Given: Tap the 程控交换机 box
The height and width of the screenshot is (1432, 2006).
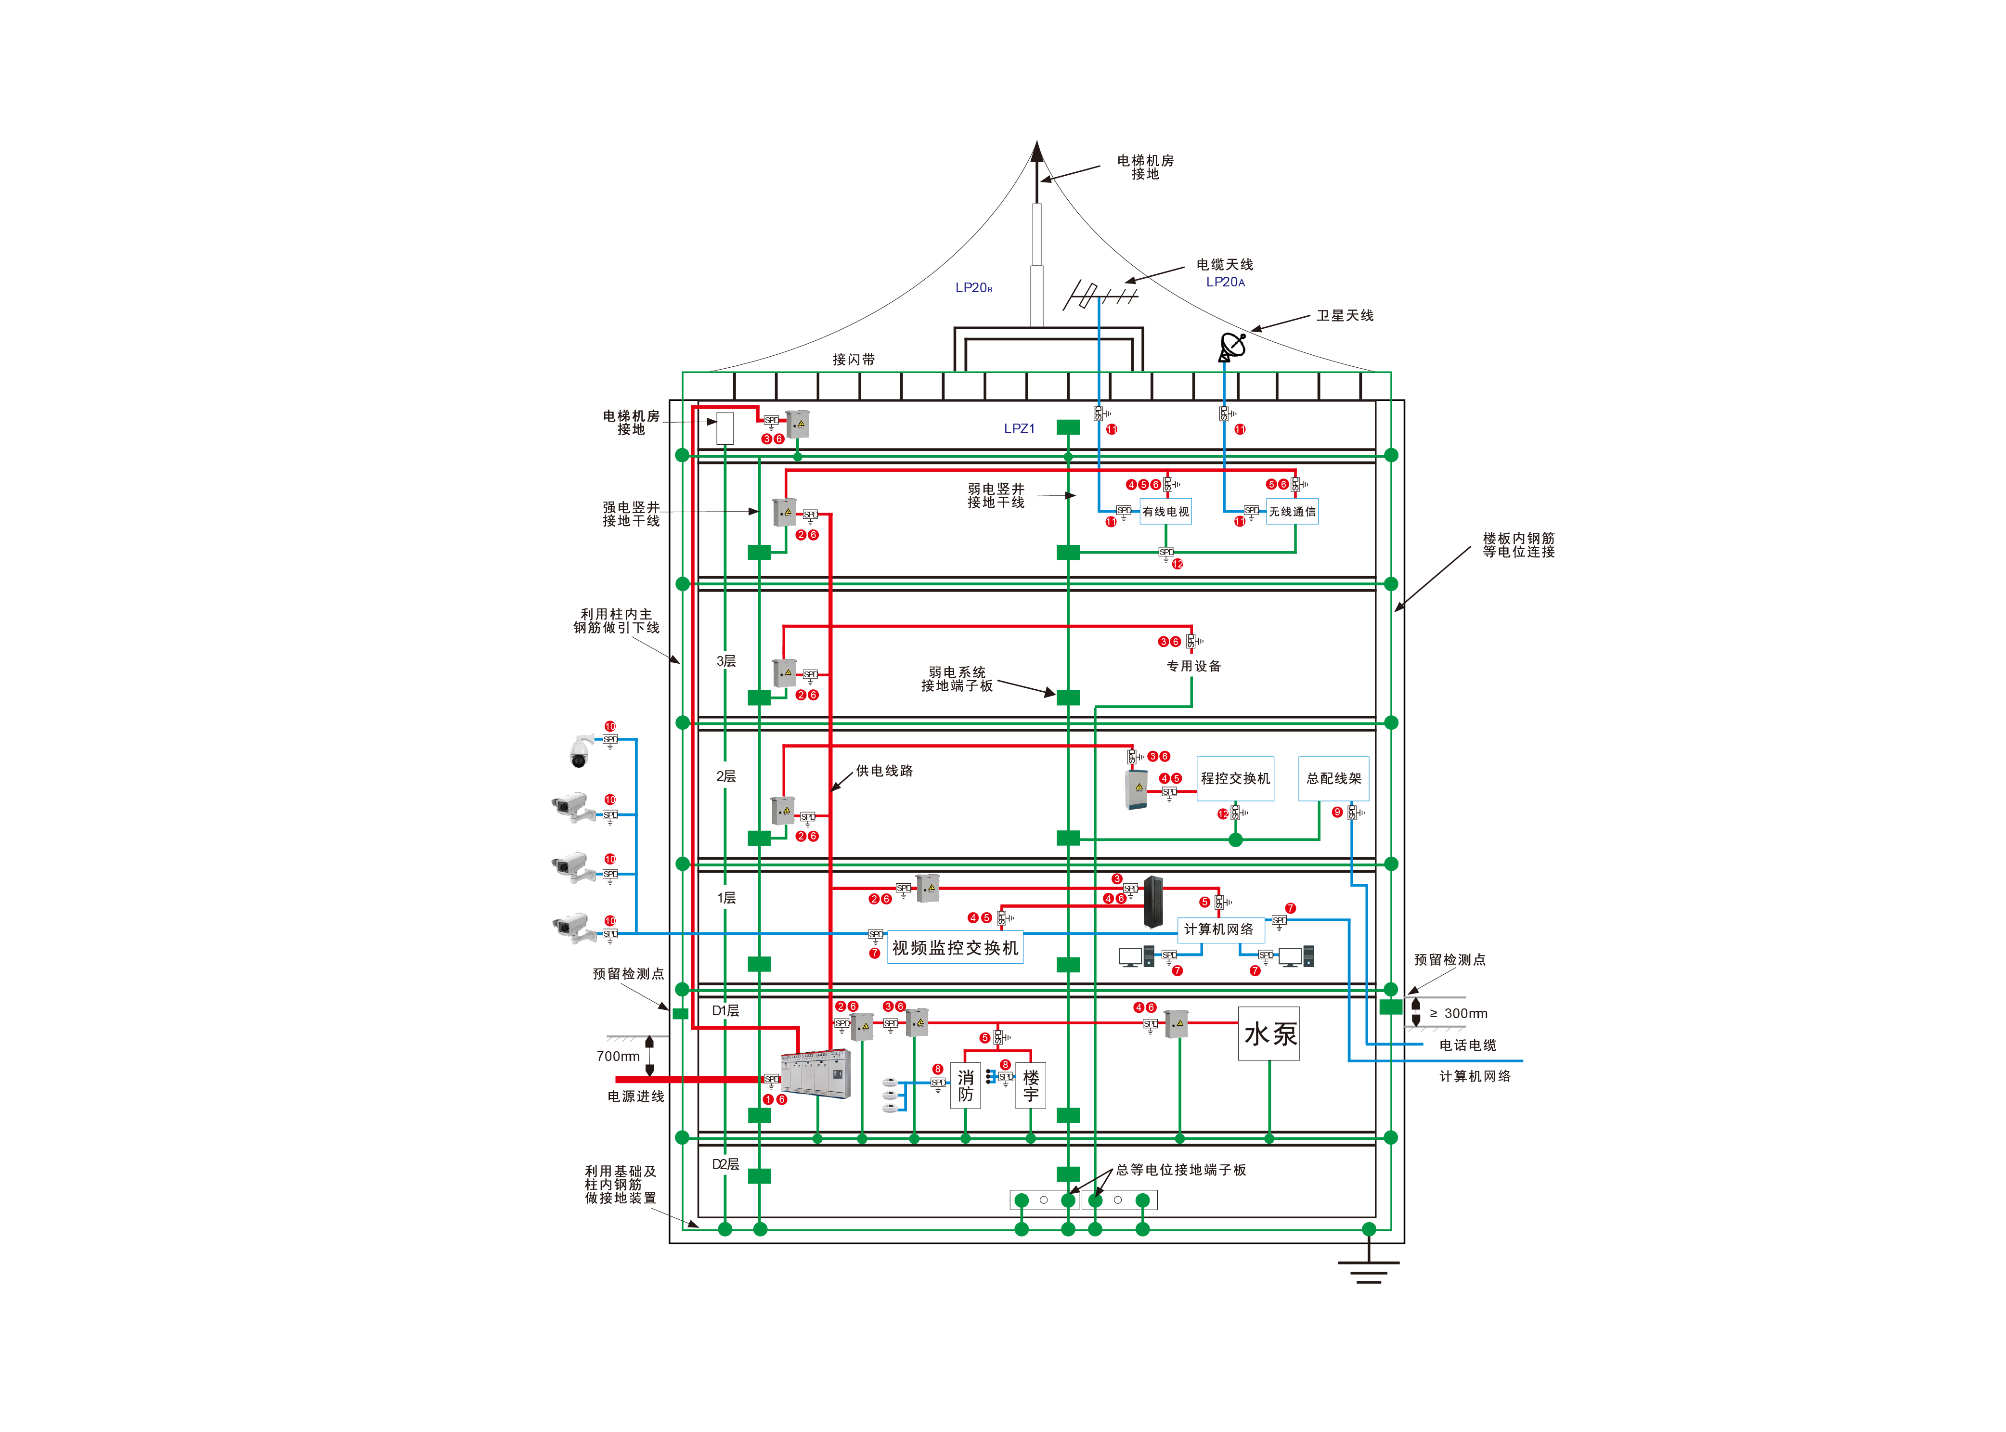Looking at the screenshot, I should click(1234, 779).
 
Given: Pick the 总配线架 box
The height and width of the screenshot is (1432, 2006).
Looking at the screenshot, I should click(1333, 779).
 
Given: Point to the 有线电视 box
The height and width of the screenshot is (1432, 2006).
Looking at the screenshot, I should click(1165, 511).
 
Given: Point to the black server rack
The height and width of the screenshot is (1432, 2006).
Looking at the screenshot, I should click(1152, 901).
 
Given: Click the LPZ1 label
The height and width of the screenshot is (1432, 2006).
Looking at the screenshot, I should click(1019, 428).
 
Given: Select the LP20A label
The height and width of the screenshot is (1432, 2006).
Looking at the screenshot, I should click(1225, 282).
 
